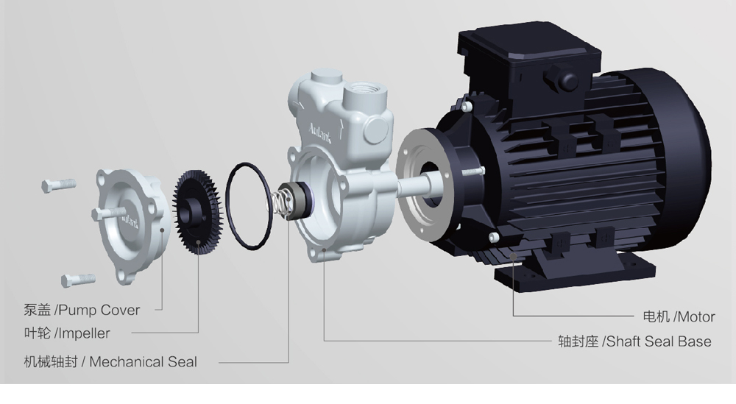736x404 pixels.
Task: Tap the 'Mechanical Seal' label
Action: [x=144, y=362]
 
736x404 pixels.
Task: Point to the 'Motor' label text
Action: [x=696, y=316]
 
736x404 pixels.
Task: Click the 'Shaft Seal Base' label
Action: [x=659, y=341]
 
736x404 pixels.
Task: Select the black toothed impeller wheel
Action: [x=196, y=213]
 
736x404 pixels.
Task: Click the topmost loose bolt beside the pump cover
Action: [x=59, y=185]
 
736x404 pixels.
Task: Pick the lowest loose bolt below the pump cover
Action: [x=78, y=280]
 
